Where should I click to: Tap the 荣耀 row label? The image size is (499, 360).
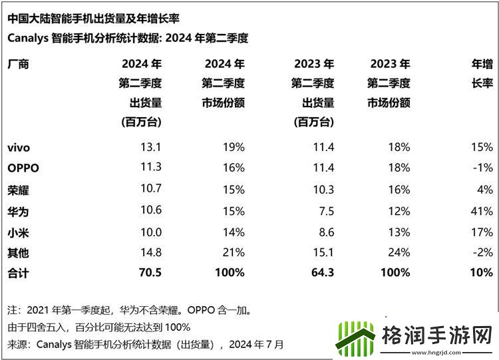pyautogui.click(x=18, y=190)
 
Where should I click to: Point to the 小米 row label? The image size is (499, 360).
pyautogui.click(x=18, y=232)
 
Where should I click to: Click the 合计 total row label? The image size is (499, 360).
pyautogui.click(x=18, y=273)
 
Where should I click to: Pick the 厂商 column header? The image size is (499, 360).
pyautogui.click(x=18, y=65)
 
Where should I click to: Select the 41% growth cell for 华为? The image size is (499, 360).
pyautogui.click(x=480, y=211)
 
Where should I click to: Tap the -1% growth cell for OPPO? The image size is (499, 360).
pyautogui.click(x=482, y=168)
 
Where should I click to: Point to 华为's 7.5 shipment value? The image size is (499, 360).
pyautogui.click(x=325, y=211)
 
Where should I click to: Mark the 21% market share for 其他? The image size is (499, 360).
pyautogui.click(x=233, y=253)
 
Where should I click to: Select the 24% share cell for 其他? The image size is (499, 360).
pyautogui.click(x=398, y=253)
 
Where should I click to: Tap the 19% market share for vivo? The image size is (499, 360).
pyautogui.click(x=233, y=147)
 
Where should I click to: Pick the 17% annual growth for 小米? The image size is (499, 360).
pyautogui.click(x=480, y=232)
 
